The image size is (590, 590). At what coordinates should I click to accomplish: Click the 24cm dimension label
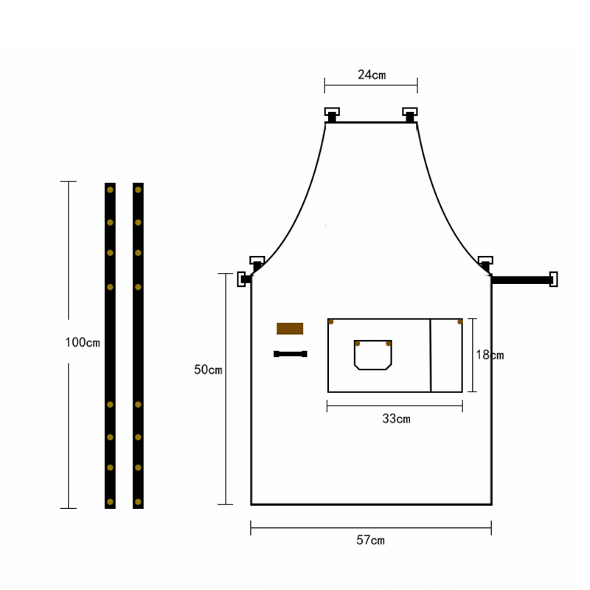tap(372, 74)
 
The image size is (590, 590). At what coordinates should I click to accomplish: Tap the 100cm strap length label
tap(83, 342)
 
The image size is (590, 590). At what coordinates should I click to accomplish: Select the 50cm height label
tap(208, 369)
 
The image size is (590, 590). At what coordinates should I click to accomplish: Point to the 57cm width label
tap(371, 541)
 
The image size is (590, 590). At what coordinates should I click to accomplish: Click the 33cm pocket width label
tap(396, 418)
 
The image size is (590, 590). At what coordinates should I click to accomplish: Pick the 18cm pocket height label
tap(490, 355)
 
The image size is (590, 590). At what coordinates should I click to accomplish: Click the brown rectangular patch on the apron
tap(290, 328)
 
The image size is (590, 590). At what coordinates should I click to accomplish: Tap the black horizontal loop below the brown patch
tap(290, 354)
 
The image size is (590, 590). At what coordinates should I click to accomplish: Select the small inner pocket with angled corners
tap(373, 355)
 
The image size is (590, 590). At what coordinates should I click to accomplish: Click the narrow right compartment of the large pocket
tap(446, 355)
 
